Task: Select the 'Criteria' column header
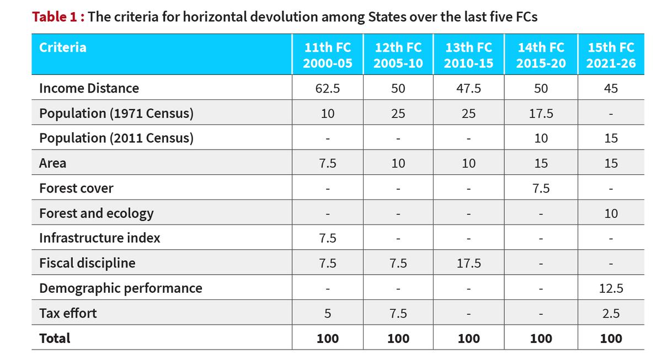[x=63, y=47]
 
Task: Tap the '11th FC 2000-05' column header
[x=328, y=55]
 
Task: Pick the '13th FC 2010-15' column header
[x=469, y=55]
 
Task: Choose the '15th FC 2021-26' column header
[x=611, y=55]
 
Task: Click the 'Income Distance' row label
[x=89, y=88]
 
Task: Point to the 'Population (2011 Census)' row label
[x=116, y=138]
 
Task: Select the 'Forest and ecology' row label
[x=97, y=213]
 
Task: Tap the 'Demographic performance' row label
[x=121, y=288]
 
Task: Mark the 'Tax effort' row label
[x=68, y=313]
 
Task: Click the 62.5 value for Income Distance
[x=328, y=88]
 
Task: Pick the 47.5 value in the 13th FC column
[x=469, y=88]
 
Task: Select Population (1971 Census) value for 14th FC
[x=541, y=114]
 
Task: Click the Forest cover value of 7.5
[x=541, y=188]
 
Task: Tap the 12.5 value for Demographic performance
[x=611, y=288]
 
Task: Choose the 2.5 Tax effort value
[x=611, y=314]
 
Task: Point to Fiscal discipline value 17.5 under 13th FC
[x=469, y=264]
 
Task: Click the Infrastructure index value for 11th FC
[x=328, y=238]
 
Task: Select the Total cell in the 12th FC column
[x=398, y=338]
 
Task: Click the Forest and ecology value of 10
[x=611, y=213]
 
